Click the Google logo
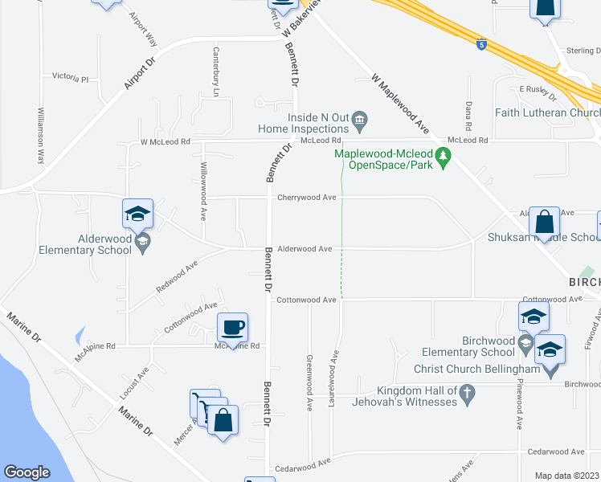[27, 472]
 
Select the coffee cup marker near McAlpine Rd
[232, 328]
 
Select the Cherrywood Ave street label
[306, 197]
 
